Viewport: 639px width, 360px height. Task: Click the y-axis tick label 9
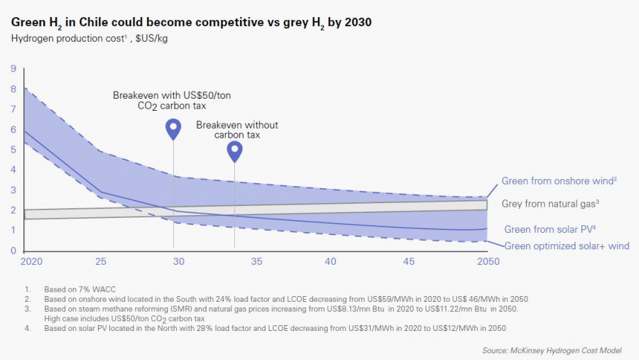point(13,69)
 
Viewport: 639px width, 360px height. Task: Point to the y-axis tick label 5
point(13,150)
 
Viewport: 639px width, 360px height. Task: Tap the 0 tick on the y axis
point(13,251)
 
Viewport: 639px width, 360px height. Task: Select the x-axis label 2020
point(31,261)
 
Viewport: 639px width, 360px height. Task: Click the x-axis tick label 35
point(254,261)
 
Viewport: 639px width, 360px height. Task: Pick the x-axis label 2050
point(488,261)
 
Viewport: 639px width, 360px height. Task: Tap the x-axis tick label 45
point(408,261)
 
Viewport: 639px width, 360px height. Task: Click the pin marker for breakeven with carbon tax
point(173,129)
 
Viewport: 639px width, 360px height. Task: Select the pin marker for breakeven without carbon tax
point(234,150)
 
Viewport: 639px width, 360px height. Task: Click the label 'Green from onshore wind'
point(559,181)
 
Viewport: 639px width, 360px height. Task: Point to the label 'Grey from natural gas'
point(550,204)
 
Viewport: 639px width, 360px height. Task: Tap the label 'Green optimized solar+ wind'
point(567,246)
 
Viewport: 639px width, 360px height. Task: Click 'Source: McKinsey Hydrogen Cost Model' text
point(552,350)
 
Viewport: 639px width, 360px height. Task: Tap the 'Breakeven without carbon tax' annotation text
point(237,130)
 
